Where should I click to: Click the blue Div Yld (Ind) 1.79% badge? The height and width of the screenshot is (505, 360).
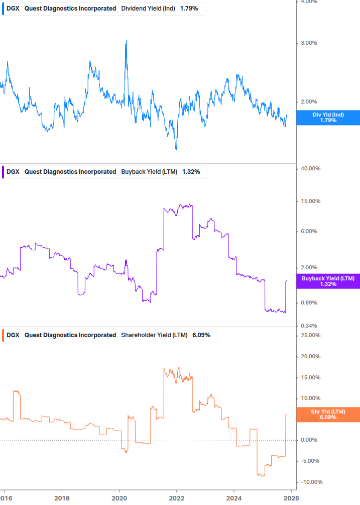click(x=328, y=118)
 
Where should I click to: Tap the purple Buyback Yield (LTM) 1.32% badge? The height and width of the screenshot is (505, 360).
click(x=328, y=281)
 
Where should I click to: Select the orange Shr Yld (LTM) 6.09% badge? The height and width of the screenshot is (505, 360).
click(x=328, y=414)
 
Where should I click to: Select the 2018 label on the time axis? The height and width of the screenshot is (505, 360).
click(x=62, y=498)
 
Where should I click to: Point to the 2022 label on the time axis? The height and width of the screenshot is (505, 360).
click(x=177, y=498)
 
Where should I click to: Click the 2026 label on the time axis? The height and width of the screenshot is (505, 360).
click(x=291, y=498)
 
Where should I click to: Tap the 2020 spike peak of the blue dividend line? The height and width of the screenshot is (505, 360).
click(x=126, y=41)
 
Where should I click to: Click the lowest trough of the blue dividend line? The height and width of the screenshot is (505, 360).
click(x=176, y=149)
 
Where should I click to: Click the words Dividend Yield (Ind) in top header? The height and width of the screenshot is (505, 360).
click(x=148, y=9)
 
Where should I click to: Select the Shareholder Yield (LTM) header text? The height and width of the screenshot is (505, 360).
click(x=155, y=335)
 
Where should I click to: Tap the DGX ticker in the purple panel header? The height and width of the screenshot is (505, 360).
click(x=13, y=172)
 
